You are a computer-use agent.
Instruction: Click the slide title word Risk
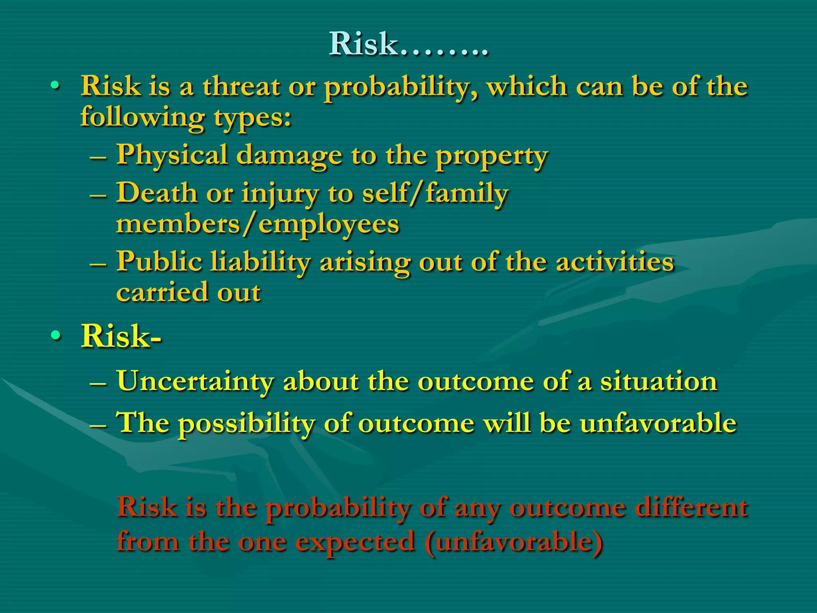(x=363, y=44)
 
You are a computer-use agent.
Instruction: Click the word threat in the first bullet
(x=241, y=86)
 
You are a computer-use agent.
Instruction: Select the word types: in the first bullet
(x=252, y=118)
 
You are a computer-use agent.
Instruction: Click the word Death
(x=156, y=193)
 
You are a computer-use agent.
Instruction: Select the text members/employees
(x=257, y=224)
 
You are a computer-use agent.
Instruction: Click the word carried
(x=162, y=292)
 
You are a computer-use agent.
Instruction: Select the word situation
(x=659, y=381)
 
